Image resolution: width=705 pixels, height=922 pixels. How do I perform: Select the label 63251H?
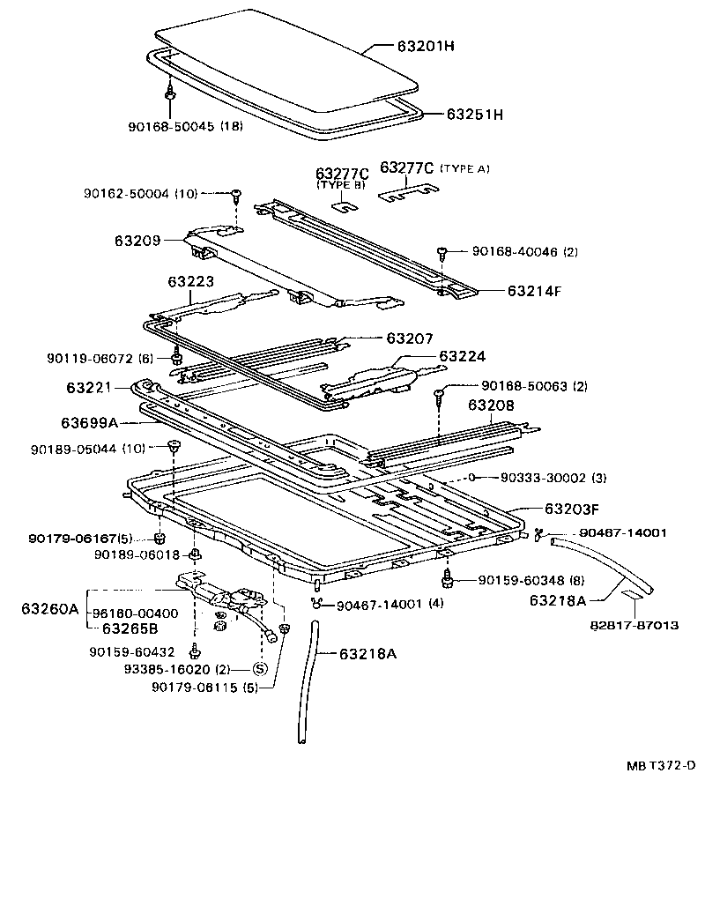point(474,115)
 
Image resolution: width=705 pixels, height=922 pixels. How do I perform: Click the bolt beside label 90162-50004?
point(238,196)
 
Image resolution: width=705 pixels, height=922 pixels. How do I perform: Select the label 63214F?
point(533,290)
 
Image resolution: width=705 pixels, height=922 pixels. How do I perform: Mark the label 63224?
point(463,356)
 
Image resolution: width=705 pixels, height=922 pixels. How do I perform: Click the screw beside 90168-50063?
point(439,393)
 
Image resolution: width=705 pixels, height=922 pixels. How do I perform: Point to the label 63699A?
point(90,421)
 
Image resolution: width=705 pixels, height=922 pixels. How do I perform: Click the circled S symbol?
point(260,669)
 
